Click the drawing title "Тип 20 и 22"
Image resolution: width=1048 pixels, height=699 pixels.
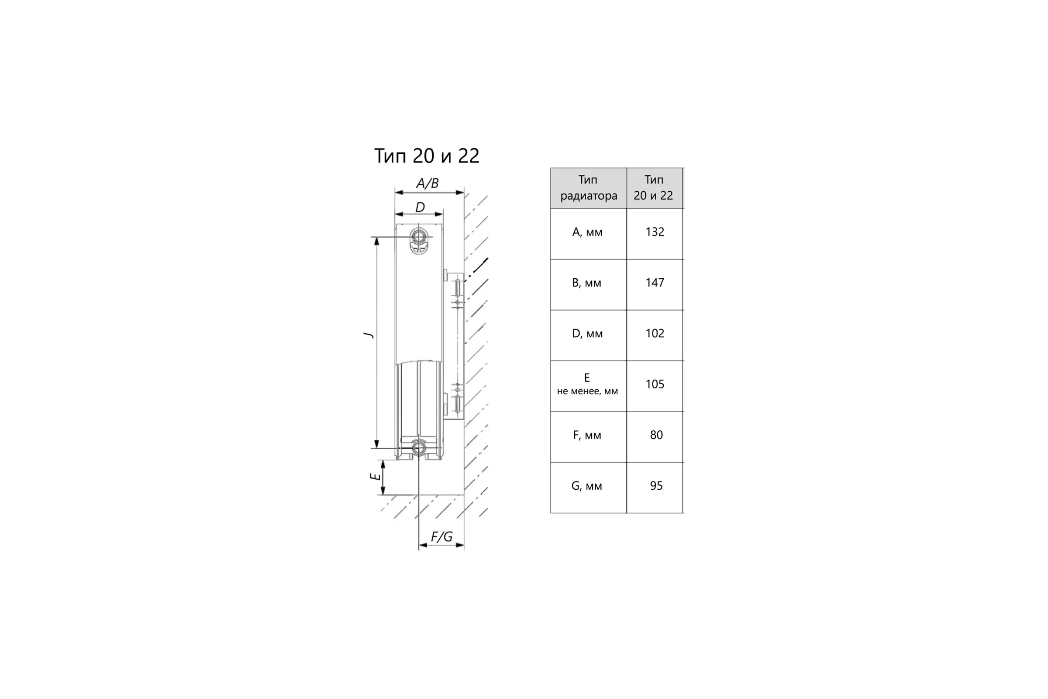click(427, 156)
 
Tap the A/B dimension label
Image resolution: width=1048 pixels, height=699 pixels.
click(427, 183)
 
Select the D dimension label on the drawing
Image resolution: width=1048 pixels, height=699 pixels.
click(420, 207)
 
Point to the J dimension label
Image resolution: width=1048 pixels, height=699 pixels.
click(369, 335)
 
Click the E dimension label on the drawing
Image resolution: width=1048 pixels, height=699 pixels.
click(376, 477)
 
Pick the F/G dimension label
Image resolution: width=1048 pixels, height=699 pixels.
click(441, 536)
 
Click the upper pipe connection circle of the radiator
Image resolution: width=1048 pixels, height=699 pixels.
click(419, 236)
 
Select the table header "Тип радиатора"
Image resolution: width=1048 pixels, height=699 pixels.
click(588, 188)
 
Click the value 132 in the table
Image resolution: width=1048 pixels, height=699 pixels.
click(655, 232)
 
